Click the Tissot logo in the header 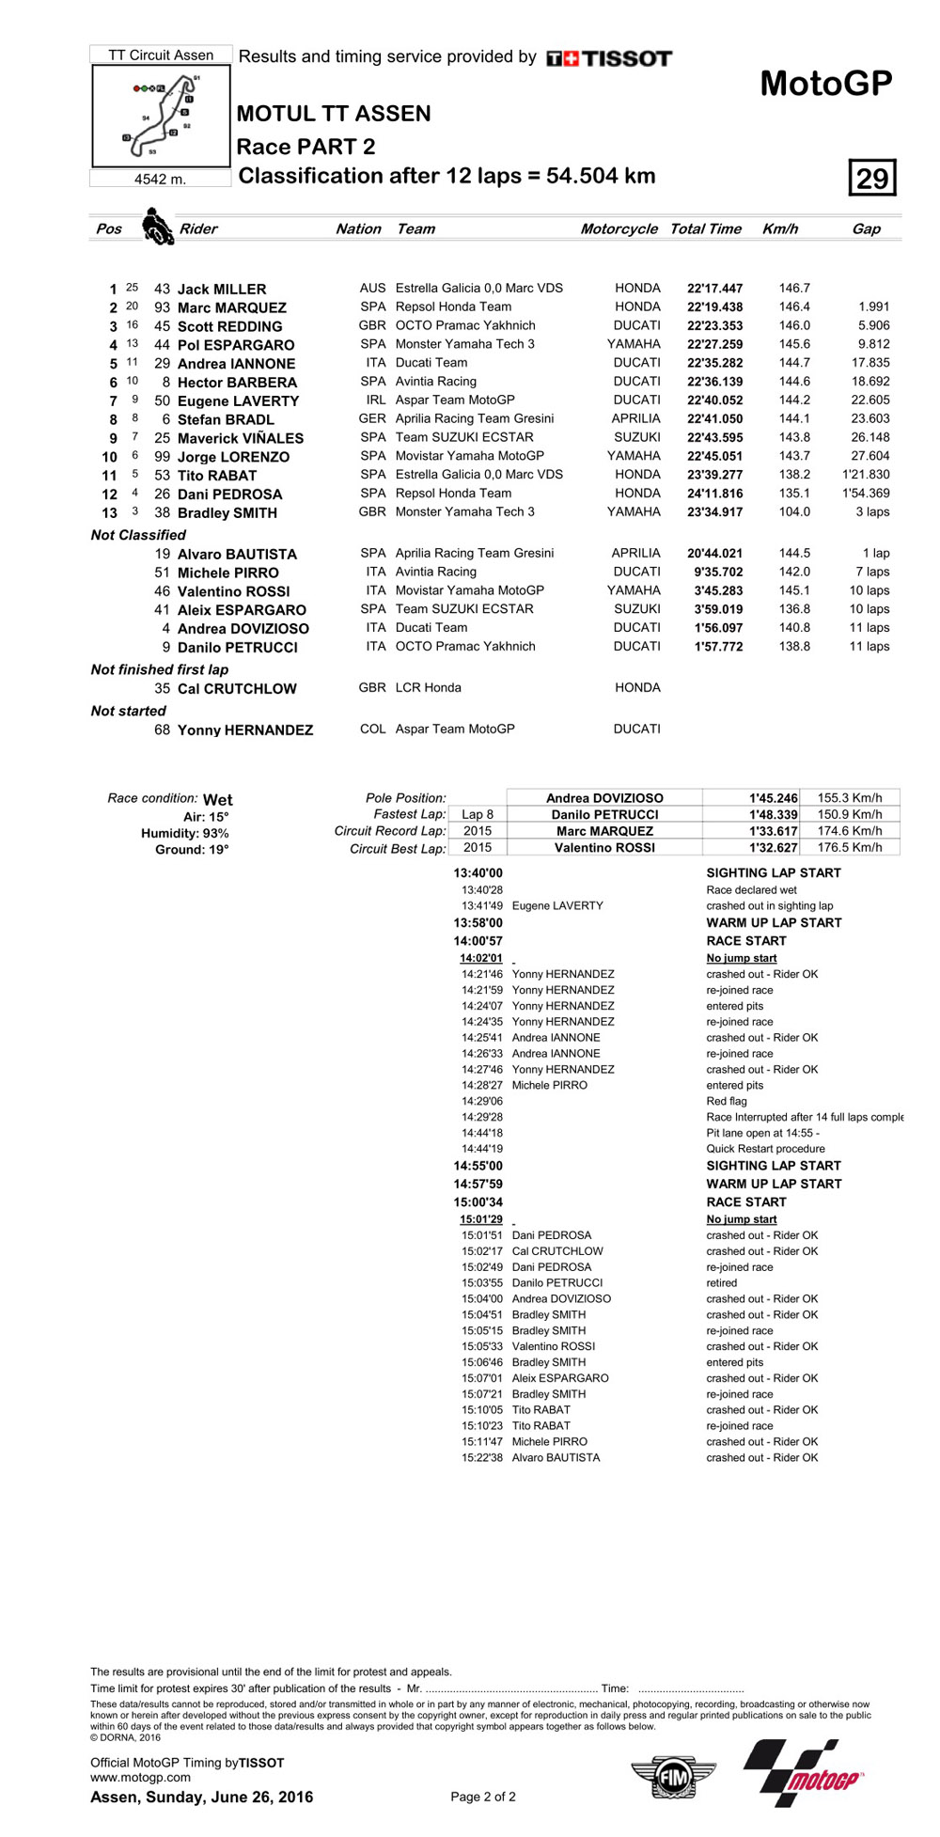click(x=609, y=58)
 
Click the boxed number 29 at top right click(x=871, y=178)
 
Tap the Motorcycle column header click(x=619, y=228)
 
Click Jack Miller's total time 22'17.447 click(x=714, y=289)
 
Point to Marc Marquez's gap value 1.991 click(x=873, y=306)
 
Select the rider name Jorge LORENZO click(x=233, y=457)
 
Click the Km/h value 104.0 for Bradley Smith click(x=793, y=512)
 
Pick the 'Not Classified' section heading click(x=138, y=535)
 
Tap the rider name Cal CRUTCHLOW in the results click(x=237, y=688)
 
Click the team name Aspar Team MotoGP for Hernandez click(x=455, y=729)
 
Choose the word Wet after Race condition click(x=218, y=799)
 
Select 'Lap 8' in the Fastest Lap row click(x=477, y=814)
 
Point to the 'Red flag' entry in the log click(x=727, y=1101)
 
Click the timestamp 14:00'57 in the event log click(x=478, y=940)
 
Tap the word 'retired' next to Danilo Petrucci click(x=722, y=1282)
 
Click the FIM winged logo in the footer click(x=673, y=1778)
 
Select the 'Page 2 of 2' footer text click(x=483, y=1797)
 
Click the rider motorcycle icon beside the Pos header click(x=157, y=228)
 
